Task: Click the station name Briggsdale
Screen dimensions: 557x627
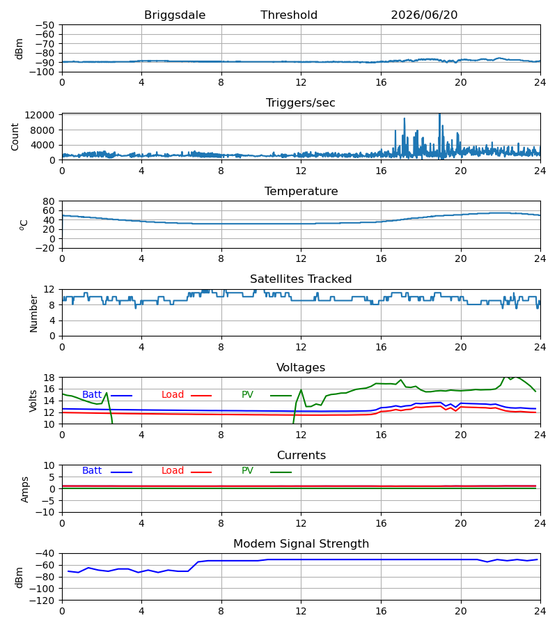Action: coord(175,15)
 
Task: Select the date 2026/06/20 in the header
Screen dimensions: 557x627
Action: coord(424,15)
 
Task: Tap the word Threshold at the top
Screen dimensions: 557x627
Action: coord(289,15)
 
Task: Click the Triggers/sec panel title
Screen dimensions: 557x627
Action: coord(301,103)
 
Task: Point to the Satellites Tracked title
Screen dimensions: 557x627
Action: coord(301,279)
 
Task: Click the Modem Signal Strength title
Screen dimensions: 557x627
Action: coord(301,544)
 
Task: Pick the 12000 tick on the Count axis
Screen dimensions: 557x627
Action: coord(40,115)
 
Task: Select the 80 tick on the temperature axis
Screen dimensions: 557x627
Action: coord(49,201)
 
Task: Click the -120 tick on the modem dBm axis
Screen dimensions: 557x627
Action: coord(42,601)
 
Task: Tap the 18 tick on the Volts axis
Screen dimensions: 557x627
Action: coord(49,378)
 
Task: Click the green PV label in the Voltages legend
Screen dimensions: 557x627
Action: coord(247,395)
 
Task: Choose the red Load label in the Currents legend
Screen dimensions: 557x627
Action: coord(173,471)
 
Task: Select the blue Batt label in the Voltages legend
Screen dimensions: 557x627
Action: coord(92,395)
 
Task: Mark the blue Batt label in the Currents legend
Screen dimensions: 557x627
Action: coord(92,471)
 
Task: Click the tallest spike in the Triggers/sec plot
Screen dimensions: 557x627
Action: coord(439,115)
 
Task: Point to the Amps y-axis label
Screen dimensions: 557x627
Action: coord(25,490)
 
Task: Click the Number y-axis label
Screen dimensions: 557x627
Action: coord(33,313)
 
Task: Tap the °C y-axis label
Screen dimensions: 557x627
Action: coord(24,225)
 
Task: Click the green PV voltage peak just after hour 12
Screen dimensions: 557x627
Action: coord(301,389)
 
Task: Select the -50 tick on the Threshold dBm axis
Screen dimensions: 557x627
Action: coord(45,25)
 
